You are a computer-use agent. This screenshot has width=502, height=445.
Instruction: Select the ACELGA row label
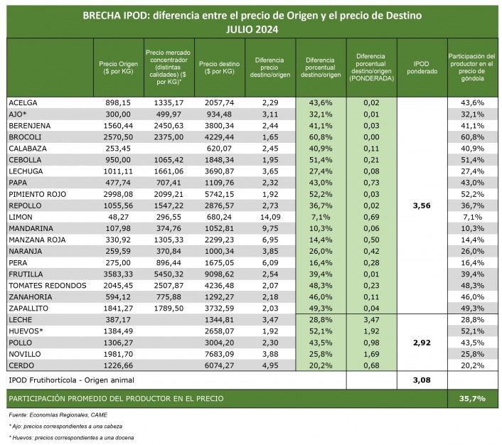coord(23,103)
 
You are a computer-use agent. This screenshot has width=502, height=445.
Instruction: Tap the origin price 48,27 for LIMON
coord(118,217)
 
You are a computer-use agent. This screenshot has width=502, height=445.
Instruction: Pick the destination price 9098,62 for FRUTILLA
coord(219,274)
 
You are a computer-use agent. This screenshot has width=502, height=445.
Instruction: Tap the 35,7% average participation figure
coord(472,398)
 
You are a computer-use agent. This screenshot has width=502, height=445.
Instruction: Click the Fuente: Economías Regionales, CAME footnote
coord(57,414)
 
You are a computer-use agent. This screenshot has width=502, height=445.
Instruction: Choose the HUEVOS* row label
coord(26,331)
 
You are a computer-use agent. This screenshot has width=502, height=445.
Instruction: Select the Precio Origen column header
coord(118,67)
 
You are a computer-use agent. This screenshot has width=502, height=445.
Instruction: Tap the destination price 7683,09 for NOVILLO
coord(219,353)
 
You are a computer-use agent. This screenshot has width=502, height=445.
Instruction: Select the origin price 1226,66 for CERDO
coord(118,365)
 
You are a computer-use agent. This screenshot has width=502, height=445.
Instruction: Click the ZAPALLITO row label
coord(31,308)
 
